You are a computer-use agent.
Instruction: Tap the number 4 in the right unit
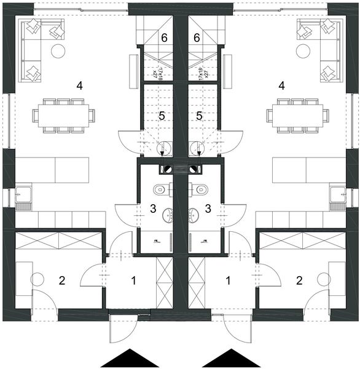coord(281,85)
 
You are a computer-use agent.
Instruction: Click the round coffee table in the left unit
coord(58,50)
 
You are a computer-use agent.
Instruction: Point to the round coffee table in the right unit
coord(302,50)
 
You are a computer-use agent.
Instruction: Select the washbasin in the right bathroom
coord(194,215)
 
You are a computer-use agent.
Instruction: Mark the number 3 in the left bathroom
coord(154,208)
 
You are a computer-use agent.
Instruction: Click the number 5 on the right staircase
coord(198,115)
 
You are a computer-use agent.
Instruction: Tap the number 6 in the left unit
coord(164,38)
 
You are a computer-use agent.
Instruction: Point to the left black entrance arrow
coord(129,358)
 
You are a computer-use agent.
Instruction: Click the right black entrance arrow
coord(232,358)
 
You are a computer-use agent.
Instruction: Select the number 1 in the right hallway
coord(229,280)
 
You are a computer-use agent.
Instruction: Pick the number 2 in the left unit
coord(61,281)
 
